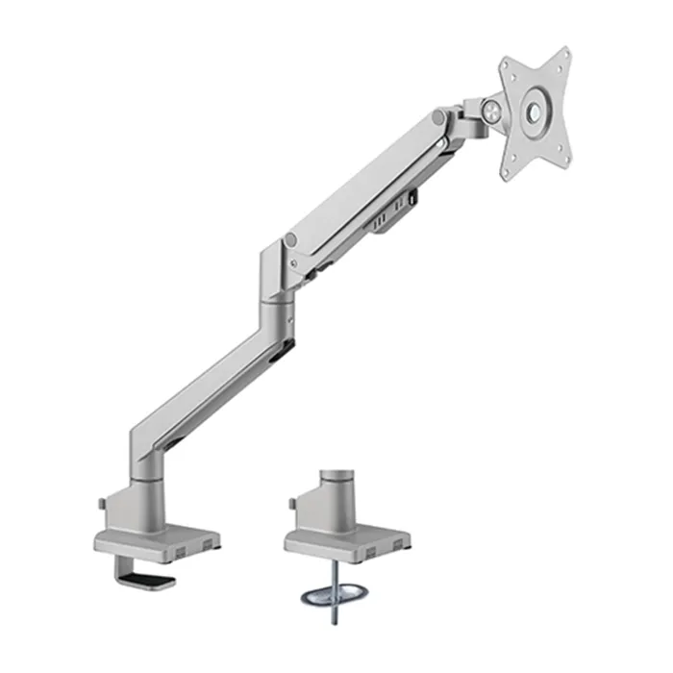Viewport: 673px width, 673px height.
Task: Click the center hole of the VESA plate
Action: coord(532,112)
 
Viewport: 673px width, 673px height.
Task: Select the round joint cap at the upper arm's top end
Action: coord(438,117)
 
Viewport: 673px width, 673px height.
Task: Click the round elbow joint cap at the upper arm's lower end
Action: coord(290,239)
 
